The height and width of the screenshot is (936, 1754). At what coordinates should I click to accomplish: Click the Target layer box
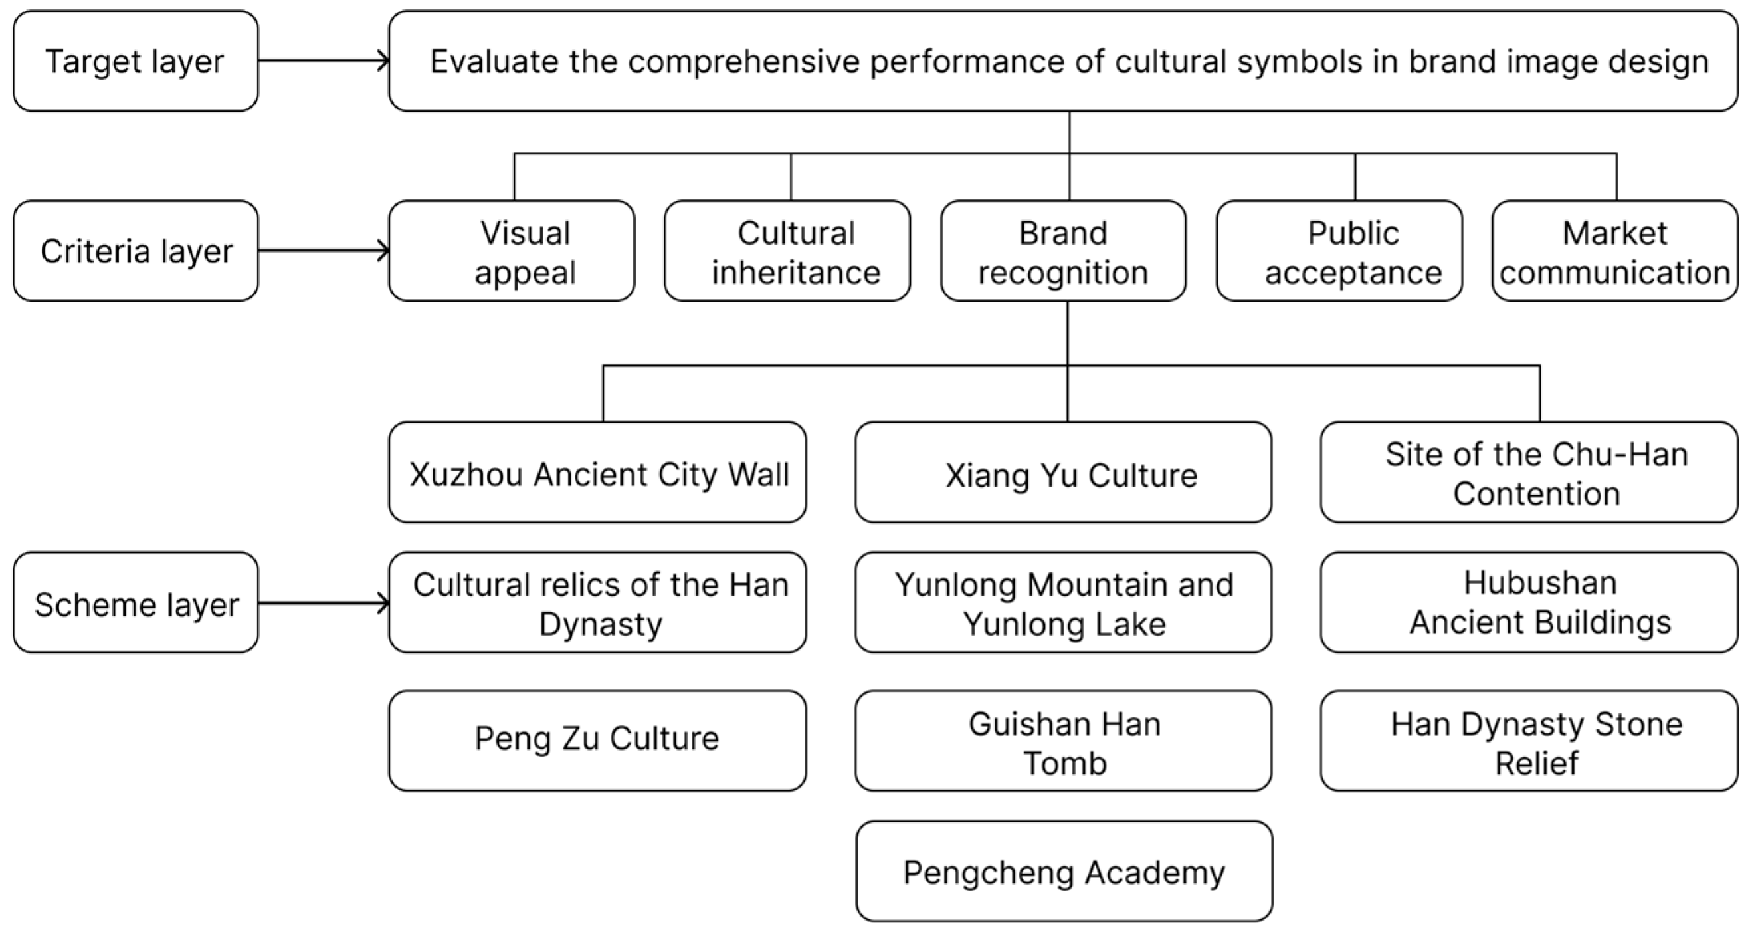[x=136, y=61]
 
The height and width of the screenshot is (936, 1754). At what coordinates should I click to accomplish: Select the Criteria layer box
[x=136, y=251]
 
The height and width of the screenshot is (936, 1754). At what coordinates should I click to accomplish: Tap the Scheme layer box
[x=136, y=603]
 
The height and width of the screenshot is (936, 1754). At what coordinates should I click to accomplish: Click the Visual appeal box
[x=512, y=251]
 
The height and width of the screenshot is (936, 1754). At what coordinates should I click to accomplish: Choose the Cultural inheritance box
[x=787, y=251]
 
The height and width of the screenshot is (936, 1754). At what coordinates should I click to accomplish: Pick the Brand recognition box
[x=1063, y=251]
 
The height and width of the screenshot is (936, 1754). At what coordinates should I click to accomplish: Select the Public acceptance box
[x=1339, y=251]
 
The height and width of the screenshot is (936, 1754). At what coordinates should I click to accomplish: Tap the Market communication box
[x=1614, y=251]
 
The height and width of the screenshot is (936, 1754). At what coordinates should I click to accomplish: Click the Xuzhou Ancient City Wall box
[x=597, y=473]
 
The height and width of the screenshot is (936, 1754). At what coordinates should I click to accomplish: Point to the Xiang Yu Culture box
[x=1063, y=473]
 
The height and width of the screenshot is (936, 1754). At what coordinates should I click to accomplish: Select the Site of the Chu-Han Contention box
[x=1529, y=473]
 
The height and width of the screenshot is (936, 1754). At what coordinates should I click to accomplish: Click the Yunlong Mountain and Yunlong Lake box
[x=1063, y=603]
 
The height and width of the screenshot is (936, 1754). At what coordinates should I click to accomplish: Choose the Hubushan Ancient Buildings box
[x=1529, y=603]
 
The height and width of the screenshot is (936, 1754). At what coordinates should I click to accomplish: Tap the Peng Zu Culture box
[x=597, y=741]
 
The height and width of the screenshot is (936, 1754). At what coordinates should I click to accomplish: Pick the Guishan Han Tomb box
[x=1063, y=741]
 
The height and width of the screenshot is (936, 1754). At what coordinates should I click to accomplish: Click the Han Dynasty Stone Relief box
[x=1529, y=741]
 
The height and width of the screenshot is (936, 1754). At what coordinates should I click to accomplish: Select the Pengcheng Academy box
[x=1064, y=872]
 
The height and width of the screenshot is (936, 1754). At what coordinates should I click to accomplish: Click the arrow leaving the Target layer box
[x=324, y=61]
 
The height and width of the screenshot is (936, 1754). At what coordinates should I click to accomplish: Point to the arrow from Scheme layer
[x=324, y=603]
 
